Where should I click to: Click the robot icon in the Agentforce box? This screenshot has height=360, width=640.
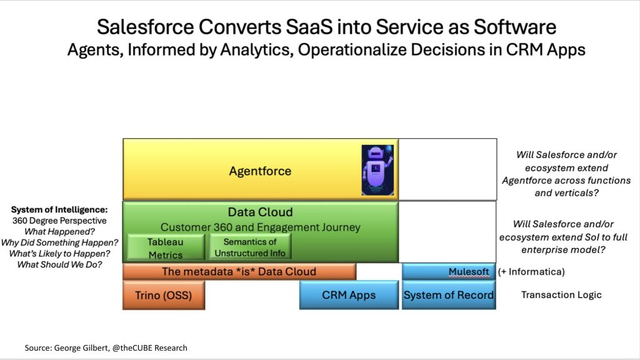(377, 170)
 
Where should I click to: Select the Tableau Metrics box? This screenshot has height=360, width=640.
(166, 247)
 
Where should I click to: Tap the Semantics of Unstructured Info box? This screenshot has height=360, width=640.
(250, 246)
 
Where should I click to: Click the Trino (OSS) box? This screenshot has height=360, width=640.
(164, 295)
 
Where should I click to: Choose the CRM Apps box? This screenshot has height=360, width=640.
(349, 295)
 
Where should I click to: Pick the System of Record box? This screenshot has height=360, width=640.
(449, 295)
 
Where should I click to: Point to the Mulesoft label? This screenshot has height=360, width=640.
(469, 272)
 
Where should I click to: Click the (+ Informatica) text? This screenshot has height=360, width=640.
(531, 272)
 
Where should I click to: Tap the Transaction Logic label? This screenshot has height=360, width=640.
(561, 295)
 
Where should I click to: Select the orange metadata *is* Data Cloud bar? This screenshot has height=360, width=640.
(239, 272)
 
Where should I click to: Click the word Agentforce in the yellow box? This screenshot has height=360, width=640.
(260, 171)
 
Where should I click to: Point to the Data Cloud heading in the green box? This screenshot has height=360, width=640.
(260, 212)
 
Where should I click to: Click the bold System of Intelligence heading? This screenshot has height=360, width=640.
(59, 210)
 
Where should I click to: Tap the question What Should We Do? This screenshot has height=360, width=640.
(59, 264)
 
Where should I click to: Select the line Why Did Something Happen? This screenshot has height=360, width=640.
(59, 242)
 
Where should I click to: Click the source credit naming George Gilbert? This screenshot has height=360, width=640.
(106, 347)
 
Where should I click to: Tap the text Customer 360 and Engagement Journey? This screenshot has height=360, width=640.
(261, 227)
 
